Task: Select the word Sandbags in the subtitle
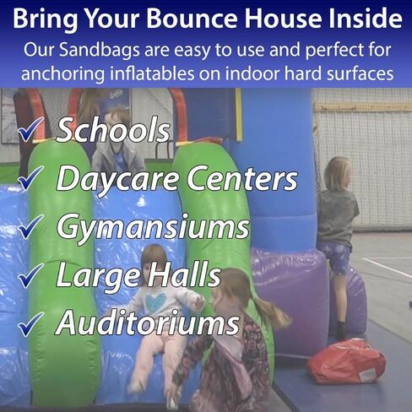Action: (100, 50)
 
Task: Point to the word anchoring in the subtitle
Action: (62, 74)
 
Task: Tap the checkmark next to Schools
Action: (30, 129)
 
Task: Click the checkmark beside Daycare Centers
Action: (30, 177)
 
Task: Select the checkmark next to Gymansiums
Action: (30, 226)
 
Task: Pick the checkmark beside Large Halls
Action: (30, 275)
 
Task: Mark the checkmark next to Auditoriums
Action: (30, 324)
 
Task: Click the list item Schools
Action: (113, 130)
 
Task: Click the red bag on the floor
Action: (347, 361)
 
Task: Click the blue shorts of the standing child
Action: (335, 257)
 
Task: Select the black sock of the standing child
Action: (340, 330)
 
